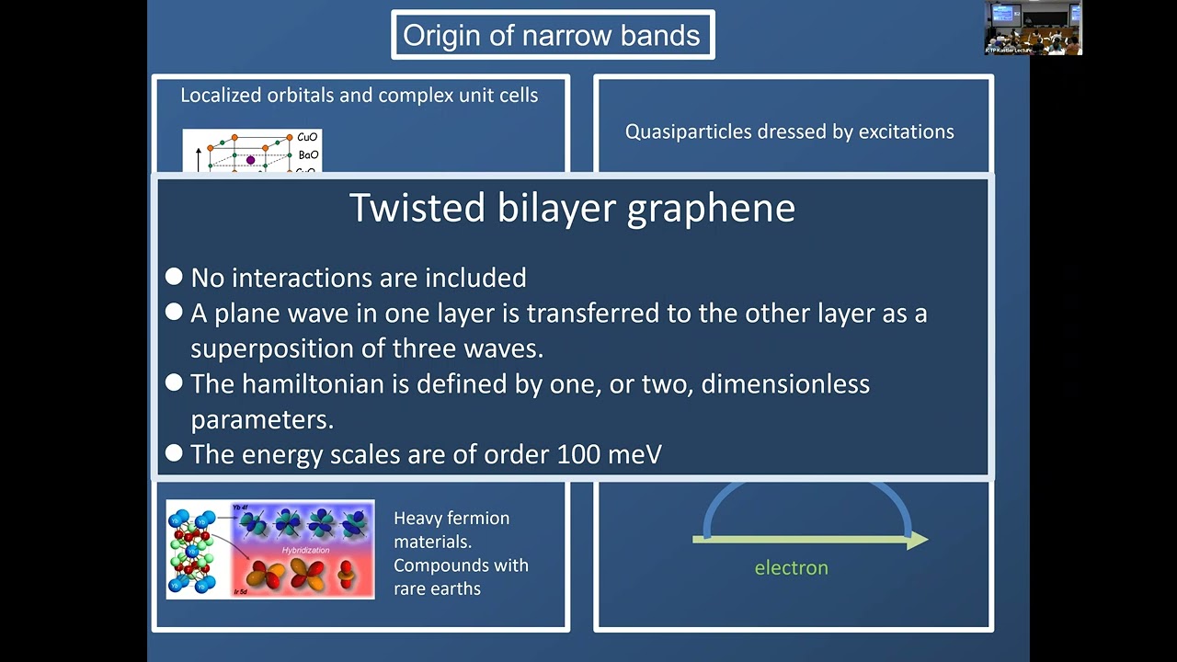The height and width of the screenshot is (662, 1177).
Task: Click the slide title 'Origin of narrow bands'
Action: coord(552,36)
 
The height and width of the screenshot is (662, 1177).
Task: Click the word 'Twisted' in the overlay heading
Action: coord(417,209)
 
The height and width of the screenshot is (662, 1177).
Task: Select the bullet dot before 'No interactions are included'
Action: coord(174,277)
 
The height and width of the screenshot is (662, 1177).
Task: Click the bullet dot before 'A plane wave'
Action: coord(174,313)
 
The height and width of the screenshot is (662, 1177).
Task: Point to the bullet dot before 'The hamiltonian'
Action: coord(174,382)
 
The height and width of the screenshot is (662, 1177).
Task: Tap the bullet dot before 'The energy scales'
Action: coord(174,452)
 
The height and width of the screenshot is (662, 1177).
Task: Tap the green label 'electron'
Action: coord(791,568)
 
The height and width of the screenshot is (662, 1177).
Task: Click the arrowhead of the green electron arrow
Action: coord(918,541)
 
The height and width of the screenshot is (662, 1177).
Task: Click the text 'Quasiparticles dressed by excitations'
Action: coord(789,131)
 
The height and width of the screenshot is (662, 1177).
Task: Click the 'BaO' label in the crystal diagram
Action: coord(307,155)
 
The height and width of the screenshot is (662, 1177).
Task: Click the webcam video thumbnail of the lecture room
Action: coord(1033,28)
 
